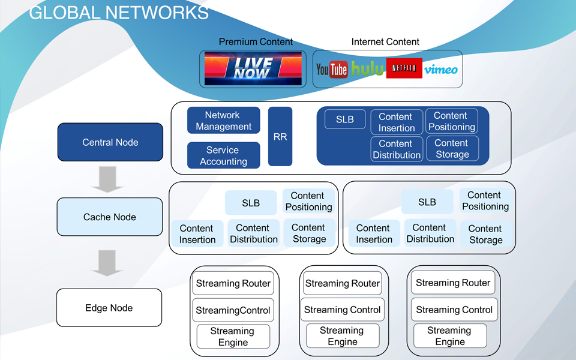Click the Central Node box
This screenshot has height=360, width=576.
(x=110, y=142)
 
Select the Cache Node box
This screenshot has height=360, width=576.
(x=109, y=217)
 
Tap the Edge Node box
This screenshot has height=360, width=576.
(x=109, y=307)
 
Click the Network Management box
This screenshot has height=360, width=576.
(x=223, y=121)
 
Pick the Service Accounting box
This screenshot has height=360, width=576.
(x=223, y=155)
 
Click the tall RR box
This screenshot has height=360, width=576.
(x=280, y=137)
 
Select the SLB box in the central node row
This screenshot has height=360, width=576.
(x=345, y=119)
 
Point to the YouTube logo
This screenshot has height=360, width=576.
(x=332, y=69)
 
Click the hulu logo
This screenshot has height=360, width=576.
(x=367, y=68)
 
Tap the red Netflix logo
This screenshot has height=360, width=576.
(x=404, y=68)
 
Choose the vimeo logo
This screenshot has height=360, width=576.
(x=441, y=70)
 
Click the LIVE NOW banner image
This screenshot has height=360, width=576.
(x=253, y=68)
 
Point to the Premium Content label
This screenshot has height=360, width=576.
(x=256, y=42)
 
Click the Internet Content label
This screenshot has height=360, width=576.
(x=385, y=42)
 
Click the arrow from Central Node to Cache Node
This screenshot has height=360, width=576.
(x=107, y=179)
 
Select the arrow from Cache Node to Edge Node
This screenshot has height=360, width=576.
(x=107, y=263)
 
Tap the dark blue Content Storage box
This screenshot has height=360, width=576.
(x=452, y=148)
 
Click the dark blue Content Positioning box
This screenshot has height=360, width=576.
(x=451, y=121)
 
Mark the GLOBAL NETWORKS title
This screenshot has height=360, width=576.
(x=119, y=13)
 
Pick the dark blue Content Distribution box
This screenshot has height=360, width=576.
(x=397, y=149)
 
